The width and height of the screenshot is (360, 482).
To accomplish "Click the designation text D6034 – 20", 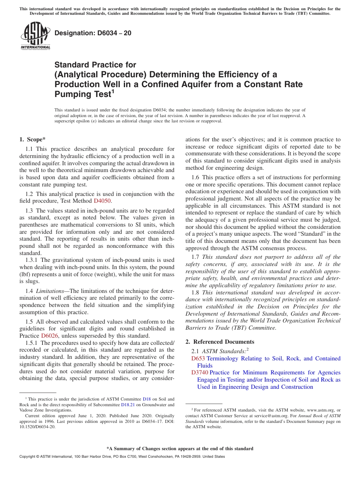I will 93,33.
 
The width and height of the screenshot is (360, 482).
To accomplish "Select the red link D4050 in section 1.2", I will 102,201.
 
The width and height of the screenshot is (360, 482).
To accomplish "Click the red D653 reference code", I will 198,358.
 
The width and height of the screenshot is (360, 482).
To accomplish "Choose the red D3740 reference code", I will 200,373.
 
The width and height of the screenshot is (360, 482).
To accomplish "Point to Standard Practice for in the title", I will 95,65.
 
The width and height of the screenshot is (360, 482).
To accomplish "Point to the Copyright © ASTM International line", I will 122,457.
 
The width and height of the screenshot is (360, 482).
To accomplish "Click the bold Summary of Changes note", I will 180,449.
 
